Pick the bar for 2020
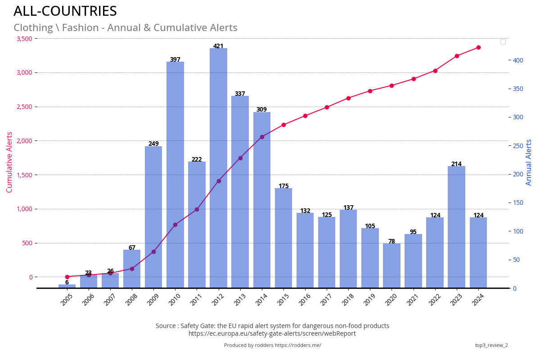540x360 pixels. click(391, 265)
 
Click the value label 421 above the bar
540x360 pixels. click(218, 46)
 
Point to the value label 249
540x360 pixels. click(153, 144)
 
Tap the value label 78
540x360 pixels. click(391, 241)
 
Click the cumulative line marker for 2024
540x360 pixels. click(478, 47)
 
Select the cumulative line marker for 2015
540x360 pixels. click(283, 125)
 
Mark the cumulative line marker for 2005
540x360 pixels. click(67, 277)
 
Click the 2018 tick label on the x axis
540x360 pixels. click(347, 300)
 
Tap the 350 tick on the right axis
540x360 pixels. click(518, 89)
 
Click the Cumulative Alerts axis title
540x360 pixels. click(9, 162)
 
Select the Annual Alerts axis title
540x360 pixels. click(529, 162)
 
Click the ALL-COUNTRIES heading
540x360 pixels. click(65, 11)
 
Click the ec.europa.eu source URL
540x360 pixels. click(272, 333)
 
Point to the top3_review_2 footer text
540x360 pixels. click(491, 345)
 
